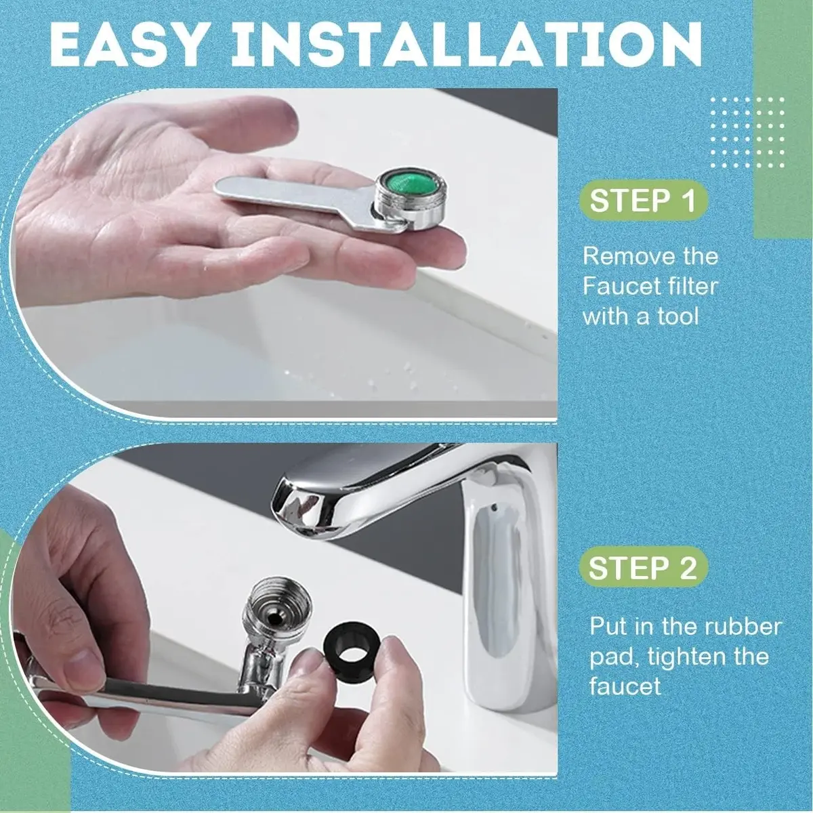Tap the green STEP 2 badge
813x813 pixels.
pyautogui.click(x=642, y=568)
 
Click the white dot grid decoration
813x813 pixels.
pyautogui.click(x=747, y=133)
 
